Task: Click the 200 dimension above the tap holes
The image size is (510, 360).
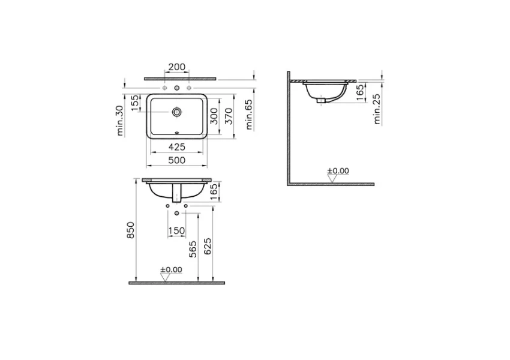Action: [176, 67]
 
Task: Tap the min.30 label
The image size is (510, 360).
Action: [121, 121]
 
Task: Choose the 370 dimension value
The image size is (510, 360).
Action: [228, 116]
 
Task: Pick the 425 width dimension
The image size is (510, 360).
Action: [176, 146]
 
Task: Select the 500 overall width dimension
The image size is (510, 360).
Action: [176, 160]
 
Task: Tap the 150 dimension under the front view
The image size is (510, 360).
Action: [176, 231]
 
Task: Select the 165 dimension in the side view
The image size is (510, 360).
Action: [359, 94]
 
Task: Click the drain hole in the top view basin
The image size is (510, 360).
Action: [176, 112]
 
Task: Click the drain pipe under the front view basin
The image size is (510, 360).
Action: [176, 193]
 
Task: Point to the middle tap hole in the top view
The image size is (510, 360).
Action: [176, 89]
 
